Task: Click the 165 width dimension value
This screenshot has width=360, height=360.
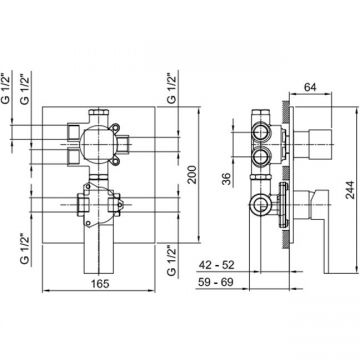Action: [100, 284]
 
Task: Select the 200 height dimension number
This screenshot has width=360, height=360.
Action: [192, 174]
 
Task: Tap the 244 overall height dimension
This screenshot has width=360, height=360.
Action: [349, 190]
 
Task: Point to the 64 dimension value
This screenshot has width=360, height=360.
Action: [310, 87]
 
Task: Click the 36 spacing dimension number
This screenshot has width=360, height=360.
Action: [226, 178]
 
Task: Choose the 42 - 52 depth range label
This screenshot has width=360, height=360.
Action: [217, 265]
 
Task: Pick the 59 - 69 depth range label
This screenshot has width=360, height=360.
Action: [216, 282]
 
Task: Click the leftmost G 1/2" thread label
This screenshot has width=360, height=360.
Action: [7, 88]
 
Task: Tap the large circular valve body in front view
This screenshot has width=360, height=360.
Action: [99, 144]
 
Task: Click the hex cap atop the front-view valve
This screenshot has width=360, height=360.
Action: [99, 112]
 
